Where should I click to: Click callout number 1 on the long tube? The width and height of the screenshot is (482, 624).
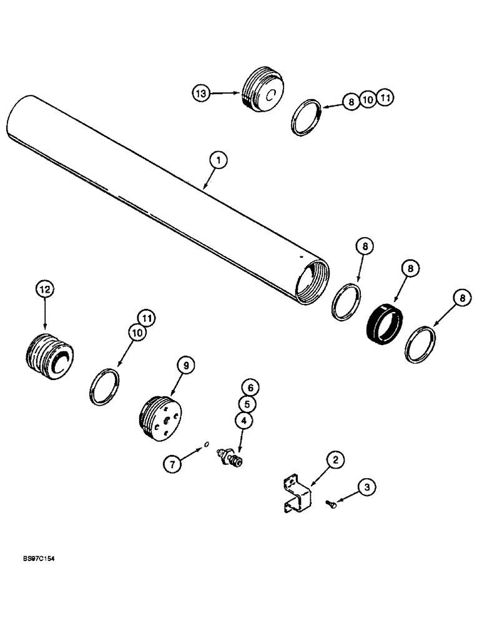coord(218,161)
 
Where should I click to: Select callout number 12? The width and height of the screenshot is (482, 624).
coord(45,290)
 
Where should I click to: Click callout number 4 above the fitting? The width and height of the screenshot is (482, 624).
coord(243,421)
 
